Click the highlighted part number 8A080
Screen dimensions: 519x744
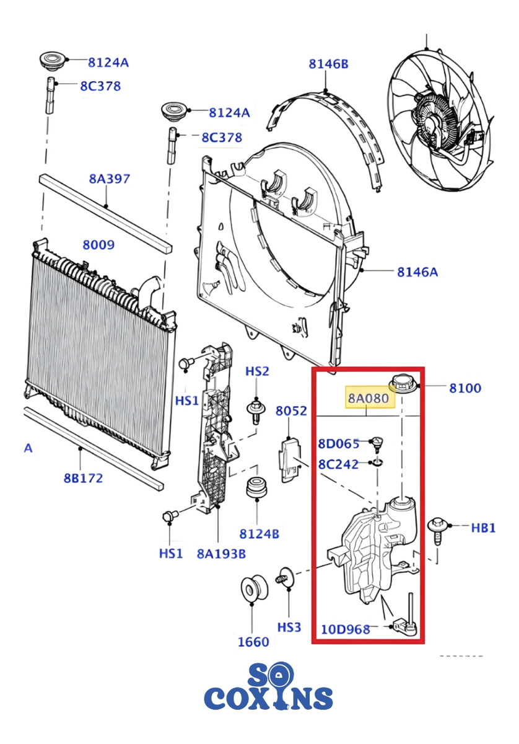368,397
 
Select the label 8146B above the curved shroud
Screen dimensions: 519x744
328,64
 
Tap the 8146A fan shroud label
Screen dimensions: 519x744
417,272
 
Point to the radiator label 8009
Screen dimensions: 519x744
98,245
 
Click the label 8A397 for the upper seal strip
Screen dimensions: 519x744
109,179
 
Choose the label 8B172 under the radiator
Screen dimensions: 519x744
83,478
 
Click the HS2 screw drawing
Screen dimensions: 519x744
256,412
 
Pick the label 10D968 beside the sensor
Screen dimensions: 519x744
346,629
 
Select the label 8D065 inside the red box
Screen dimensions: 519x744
339,443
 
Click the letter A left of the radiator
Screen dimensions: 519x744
28,448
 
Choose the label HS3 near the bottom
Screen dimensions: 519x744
289,627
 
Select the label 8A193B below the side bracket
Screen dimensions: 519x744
221,553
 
